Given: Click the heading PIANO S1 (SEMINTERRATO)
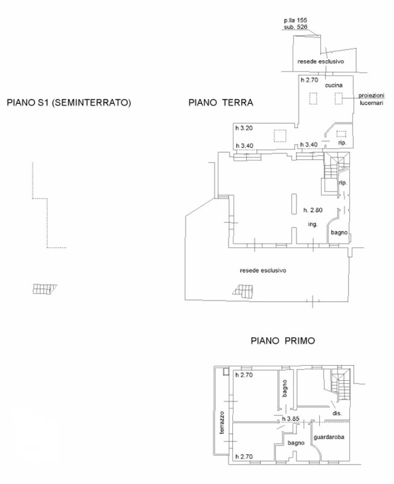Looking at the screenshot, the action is click(69, 102).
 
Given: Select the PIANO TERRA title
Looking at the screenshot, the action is click(220, 102).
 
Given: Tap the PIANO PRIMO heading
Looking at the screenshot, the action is click(283, 341).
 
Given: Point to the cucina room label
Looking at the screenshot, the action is click(334, 85).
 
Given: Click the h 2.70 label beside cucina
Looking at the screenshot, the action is click(310, 80).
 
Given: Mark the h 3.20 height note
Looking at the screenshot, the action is click(244, 128).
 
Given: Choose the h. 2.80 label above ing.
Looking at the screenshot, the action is click(313, 210).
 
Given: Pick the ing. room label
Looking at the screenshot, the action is click(313, 224).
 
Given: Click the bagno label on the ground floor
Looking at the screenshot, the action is click(339, 232).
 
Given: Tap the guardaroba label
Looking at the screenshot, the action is click(329, 437).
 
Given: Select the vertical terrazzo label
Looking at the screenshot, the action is click(222, 423).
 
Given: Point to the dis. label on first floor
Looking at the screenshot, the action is click(337, 413).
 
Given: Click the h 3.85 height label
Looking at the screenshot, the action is click(291, 419).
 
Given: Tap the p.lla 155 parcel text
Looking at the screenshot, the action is click(296, 20).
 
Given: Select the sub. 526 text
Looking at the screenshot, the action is click(296, 27).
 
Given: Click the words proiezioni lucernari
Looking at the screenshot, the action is click(371, 99).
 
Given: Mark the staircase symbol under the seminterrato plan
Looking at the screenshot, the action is click(45, 289).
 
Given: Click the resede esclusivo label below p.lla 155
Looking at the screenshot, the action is click(320, 61).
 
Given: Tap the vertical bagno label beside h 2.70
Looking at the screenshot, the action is click(284, 388).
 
